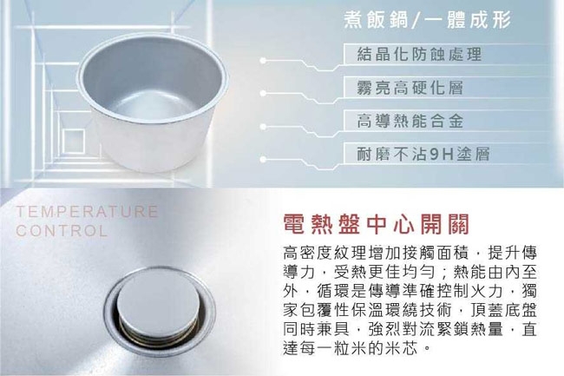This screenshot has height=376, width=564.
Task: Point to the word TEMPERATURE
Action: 87,212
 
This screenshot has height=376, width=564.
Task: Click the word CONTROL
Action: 62,232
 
